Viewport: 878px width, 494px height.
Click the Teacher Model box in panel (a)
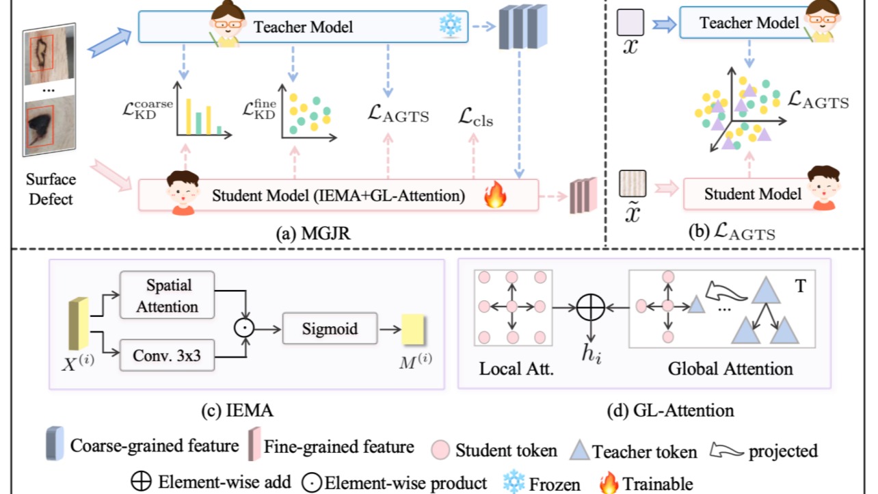303,27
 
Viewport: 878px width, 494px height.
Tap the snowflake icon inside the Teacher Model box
451,27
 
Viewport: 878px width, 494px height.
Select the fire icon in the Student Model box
493,196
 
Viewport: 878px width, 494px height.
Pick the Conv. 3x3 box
167,355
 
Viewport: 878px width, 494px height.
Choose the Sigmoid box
330,328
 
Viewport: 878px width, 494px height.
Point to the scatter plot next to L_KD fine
308,113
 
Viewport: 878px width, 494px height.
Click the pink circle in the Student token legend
441,450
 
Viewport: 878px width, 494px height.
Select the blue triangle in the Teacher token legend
581,450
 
